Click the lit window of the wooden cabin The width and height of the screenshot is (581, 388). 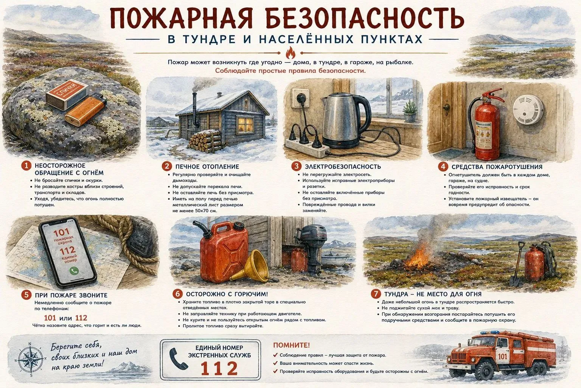pyautogui.click(x=245, y=124)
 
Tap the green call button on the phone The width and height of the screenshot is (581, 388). pyautogui.click(x=74, y=271)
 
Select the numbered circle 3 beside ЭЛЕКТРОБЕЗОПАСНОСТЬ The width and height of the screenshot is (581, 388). pyautogui.click(x=296, y=166)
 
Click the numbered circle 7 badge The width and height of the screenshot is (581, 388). pyautogui.click(x=376, y=294)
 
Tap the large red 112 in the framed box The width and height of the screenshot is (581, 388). pyautogui.click(x=219, y=368)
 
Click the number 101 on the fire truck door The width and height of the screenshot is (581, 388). pyautogui.click(x=502, y=356)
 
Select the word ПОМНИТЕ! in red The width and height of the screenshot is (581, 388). pyautogui.click(x=291, y=345)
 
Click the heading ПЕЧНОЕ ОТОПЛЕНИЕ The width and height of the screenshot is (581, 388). pyautogui.click(x=207, y=167)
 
